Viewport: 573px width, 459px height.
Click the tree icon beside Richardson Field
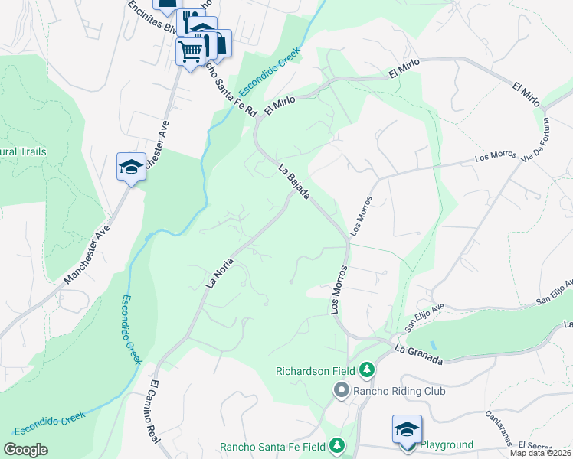click(368, 371)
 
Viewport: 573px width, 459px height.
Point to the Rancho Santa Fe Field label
click(273, 446)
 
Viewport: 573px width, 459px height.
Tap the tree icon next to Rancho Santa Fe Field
click(336, 446)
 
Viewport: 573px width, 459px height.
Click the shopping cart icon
click(190, 52)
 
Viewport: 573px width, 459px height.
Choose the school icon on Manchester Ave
click(131, 166)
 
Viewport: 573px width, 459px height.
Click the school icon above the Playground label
click(407, 428)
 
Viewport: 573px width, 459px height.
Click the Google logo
click(26, 450)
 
